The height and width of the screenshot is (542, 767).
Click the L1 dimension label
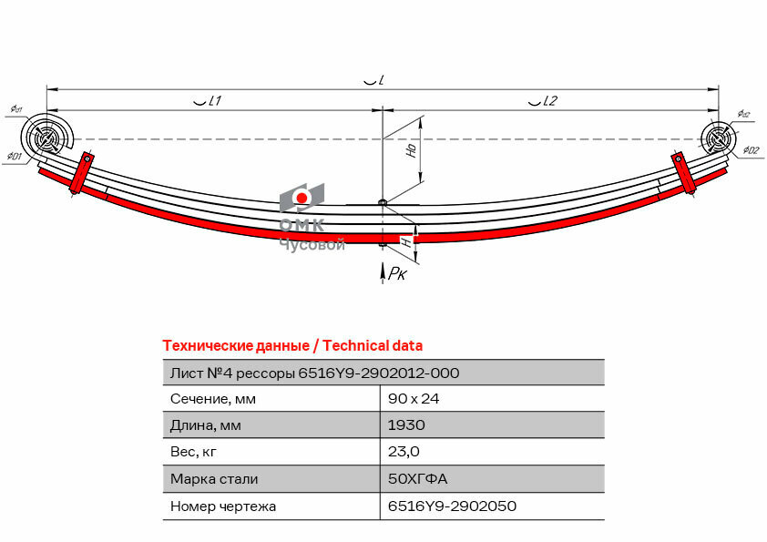(208, 101)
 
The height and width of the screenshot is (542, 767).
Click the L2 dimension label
(543, 101)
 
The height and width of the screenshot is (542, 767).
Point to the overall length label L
(374, 80)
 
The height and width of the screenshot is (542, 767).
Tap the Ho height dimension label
(412, 150)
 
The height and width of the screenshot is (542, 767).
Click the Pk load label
(397, 273)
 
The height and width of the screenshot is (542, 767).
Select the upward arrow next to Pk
(383, 272)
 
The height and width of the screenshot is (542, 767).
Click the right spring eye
(718, 139)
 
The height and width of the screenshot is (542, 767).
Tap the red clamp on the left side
(81, 173)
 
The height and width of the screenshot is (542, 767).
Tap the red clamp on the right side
(684, 173)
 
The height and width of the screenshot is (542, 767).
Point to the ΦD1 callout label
(15, 157)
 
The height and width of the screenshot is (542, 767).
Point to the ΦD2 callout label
(752, 150)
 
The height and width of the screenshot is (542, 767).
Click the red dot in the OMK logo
(302, 198)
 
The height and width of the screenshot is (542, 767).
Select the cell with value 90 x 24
(414, 399)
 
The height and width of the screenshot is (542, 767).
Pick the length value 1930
(406, 425)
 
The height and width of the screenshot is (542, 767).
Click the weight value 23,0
(404, 452)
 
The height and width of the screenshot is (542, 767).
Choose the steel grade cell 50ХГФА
(417, 478)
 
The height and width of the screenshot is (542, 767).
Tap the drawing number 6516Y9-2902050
(452, 506)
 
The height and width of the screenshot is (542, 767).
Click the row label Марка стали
(214, 478)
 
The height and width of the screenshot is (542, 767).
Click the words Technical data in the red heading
(373, 346)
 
